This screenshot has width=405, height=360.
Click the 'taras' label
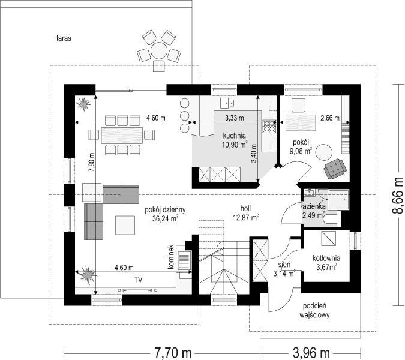click(x=64, y=38)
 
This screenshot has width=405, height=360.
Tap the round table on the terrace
click(x=159, y=50)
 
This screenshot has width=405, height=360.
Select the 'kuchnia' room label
click(x=234, y=136)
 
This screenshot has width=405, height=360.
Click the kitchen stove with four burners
click(x=269, y=126)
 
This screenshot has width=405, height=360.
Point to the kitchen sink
click(x=227, y=103)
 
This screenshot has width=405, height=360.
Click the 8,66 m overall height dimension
click(x=398, y=195)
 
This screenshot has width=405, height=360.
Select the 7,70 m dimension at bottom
click(x=173, y=352)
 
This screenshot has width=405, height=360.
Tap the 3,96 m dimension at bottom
click(x=311, y=352)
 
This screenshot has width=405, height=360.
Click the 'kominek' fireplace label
click(x=171, y=257)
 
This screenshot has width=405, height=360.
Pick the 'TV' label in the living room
click(x=138, y=280)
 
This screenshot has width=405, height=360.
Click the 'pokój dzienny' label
click(x=166, y=209)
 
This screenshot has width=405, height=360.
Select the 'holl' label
click(x=245, y=208)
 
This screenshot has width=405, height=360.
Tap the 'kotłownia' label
click(x=326, y=258)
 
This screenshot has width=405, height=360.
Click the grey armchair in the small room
click(x=335, y=169)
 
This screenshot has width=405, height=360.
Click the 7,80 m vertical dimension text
click(x=92, y=162)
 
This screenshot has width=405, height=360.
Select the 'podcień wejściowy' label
click(x=314, y=310)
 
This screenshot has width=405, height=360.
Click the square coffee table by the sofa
click(x=125, y=225)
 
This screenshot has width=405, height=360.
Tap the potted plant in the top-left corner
click(x=83, y=104)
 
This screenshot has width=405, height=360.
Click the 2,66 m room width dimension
click(x=330, y=118)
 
